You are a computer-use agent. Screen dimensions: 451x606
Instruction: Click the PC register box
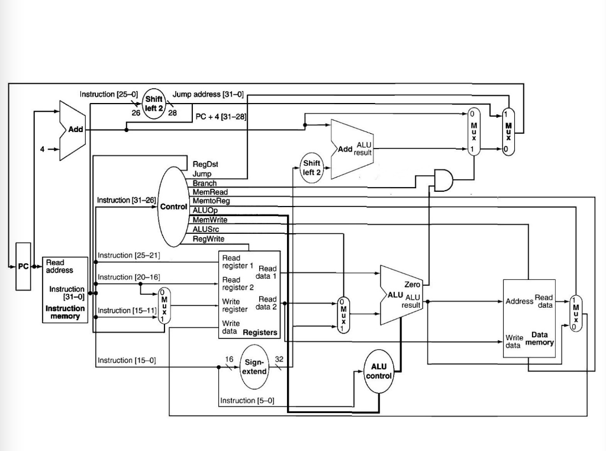tap(23, 266)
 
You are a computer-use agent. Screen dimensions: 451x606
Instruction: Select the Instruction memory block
tap(65, 289)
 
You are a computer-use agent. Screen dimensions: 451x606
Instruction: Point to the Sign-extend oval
tap(255, 366)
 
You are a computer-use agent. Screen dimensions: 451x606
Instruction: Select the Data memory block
tap(529, 318)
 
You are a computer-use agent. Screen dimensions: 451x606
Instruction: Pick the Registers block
tap(249, 294)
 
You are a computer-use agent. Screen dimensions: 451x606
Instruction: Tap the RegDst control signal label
tap(205, 164)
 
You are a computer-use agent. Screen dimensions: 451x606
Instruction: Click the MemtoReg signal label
tap(211, 201)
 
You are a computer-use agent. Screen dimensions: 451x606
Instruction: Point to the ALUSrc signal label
tap(205, 229)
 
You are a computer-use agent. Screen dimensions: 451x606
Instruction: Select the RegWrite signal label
tap(208, 239)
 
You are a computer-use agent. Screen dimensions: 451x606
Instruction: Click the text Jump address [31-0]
tap(208, 94)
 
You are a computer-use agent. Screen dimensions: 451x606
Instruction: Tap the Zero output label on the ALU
tap(412, 285)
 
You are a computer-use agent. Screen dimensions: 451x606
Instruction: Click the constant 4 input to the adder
tap(42, 149)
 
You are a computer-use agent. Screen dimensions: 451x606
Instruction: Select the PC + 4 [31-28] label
tap(221, 116)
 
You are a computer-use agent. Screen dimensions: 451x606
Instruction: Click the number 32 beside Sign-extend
tap(279, 359)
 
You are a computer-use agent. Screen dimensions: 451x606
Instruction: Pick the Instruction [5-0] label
tap(247, 401)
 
